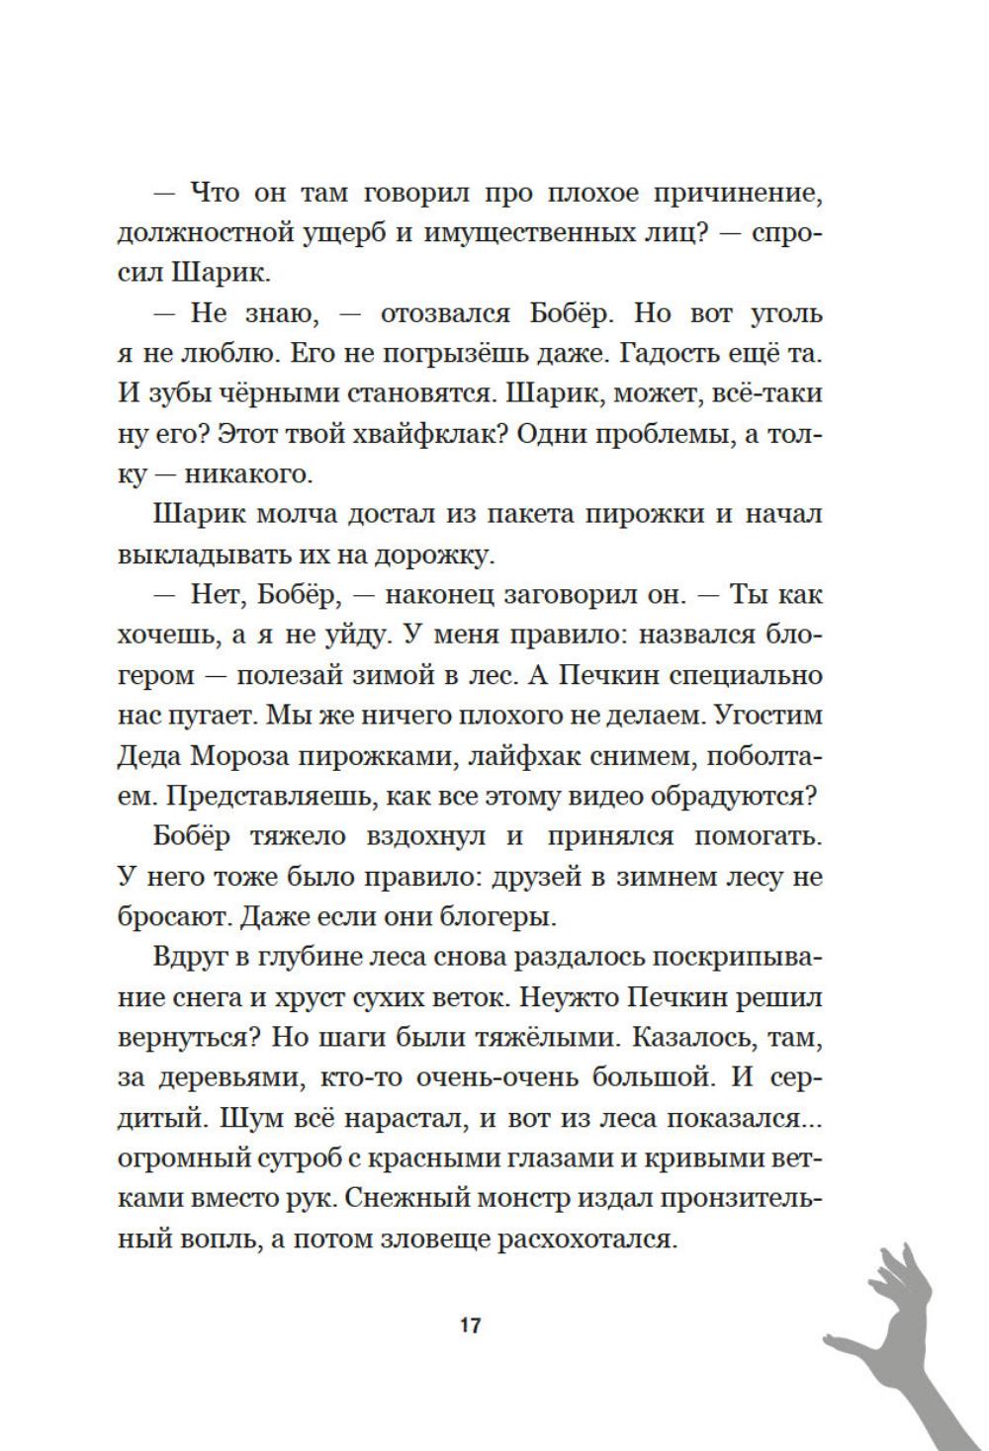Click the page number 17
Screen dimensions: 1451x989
pos(471,1326)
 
